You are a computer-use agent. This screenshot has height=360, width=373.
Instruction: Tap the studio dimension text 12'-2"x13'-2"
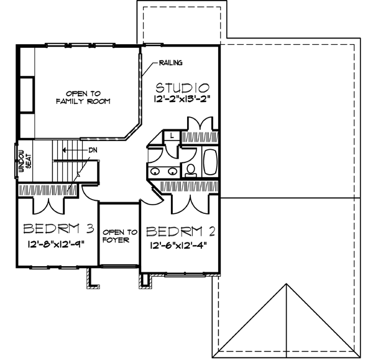[182, 99]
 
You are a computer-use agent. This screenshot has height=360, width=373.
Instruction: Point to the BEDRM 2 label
[180, 232]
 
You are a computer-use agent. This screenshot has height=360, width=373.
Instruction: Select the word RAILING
[170, 63]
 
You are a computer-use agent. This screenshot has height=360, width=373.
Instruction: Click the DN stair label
[93, 150]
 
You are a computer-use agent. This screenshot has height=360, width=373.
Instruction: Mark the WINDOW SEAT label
[23, 160]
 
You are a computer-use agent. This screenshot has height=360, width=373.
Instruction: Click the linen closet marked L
[172, 135]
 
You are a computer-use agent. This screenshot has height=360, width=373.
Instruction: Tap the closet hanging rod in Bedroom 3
[48, 189]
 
